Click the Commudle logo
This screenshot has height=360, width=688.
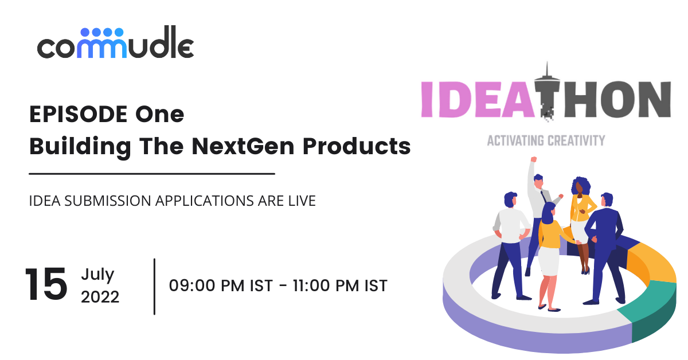click(x=115, y=44)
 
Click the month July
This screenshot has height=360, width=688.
click(x=97, y=274)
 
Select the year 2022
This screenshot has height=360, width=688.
click(x=100, y=297)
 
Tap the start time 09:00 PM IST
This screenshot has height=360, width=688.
click(x=221, y=285)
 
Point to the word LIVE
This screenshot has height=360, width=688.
click(x=302, y=201)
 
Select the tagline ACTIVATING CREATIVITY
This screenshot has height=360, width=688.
click(x=545, y=140)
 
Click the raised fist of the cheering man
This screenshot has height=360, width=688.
click(x=533, y=160)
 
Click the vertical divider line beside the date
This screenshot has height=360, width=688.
click(x=155, y=286)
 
